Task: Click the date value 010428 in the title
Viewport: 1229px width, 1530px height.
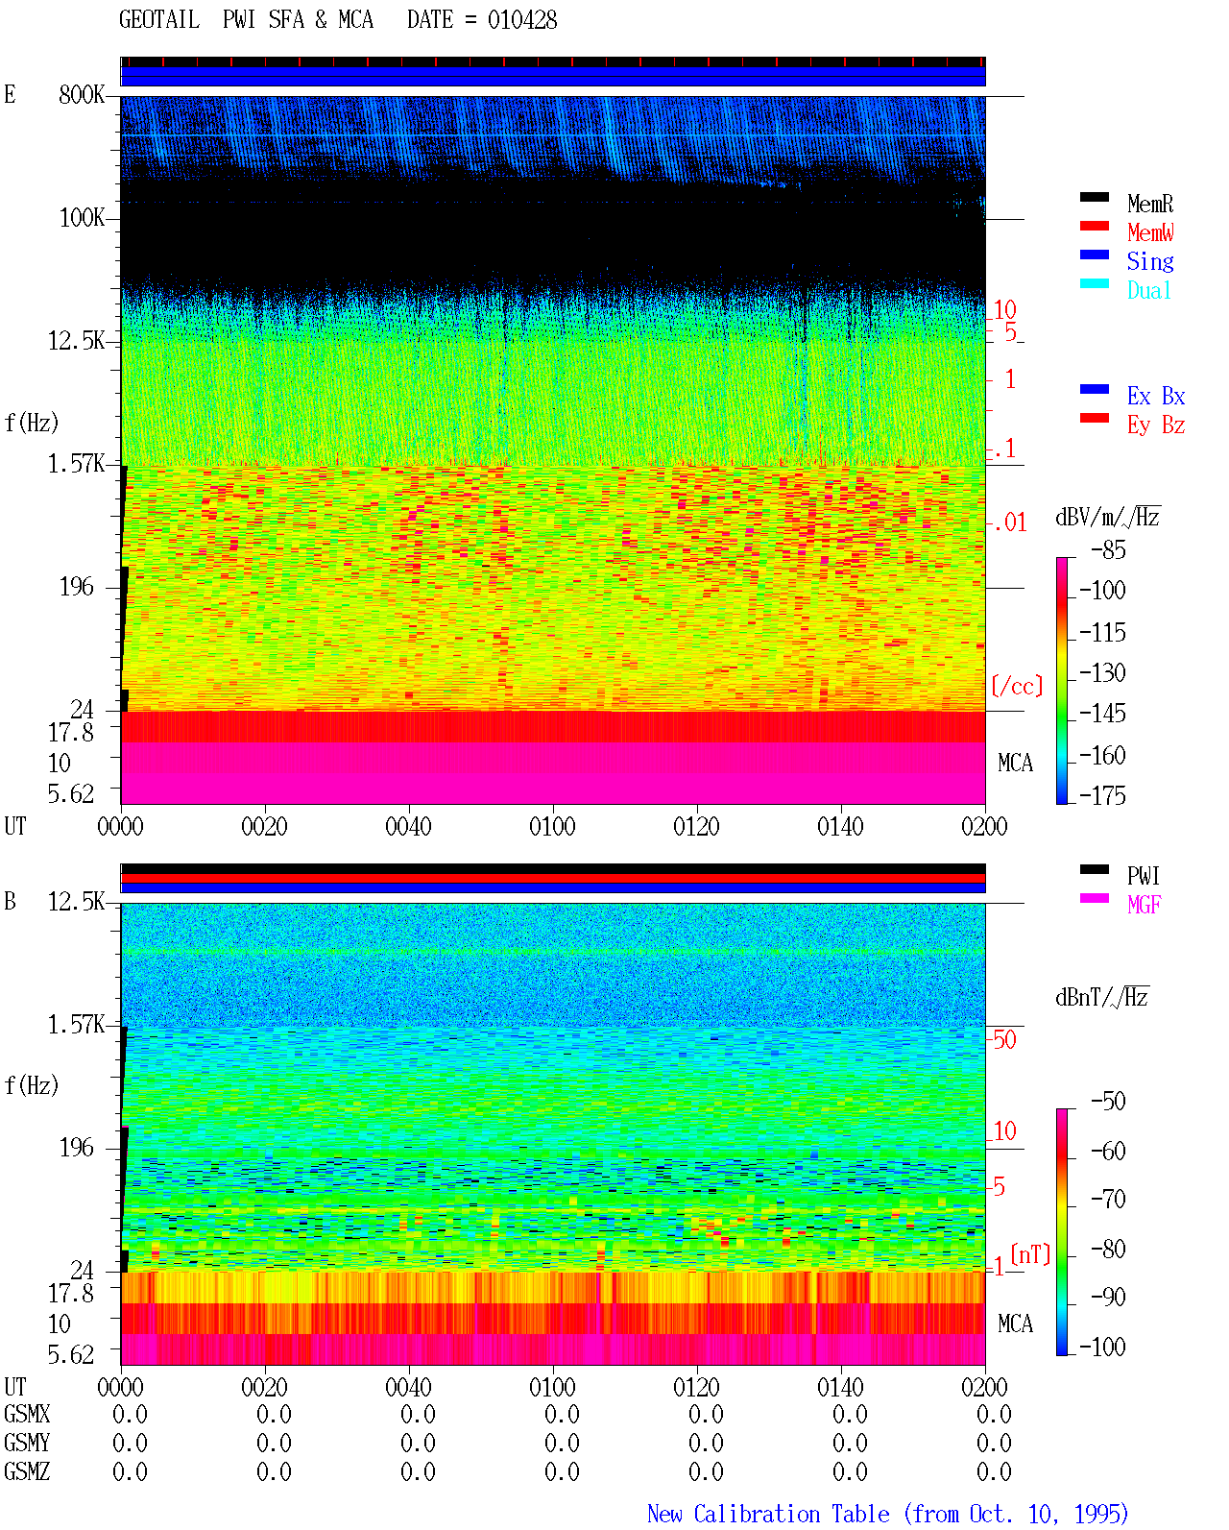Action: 521,20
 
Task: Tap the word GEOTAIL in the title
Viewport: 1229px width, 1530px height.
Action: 159,20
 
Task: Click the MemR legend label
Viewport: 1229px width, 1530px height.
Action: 1149,204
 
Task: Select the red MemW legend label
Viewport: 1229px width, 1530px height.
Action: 1149,232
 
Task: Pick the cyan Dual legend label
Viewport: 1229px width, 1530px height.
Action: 1148,290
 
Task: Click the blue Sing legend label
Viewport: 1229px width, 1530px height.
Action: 1149,261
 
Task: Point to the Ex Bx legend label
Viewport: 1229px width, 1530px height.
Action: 1155,396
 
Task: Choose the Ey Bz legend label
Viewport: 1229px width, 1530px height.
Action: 1155,425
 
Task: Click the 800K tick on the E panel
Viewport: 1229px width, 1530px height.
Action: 82,94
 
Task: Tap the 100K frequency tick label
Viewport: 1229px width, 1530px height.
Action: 82,218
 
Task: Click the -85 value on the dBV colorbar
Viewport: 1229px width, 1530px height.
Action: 1108,550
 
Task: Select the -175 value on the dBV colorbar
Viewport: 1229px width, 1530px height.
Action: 1102,795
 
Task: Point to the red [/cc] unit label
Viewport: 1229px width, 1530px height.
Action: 1017,686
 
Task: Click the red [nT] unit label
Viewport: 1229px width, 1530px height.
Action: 1030,1254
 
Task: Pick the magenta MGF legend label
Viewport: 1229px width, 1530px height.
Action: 1144,905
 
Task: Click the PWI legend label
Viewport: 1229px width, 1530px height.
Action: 1143,876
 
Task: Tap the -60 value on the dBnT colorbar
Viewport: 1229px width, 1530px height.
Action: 1108,1151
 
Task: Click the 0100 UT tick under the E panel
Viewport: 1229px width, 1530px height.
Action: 552,827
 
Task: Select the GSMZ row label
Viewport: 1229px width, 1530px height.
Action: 27,1471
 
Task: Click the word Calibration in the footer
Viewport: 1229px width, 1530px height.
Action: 791,1514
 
